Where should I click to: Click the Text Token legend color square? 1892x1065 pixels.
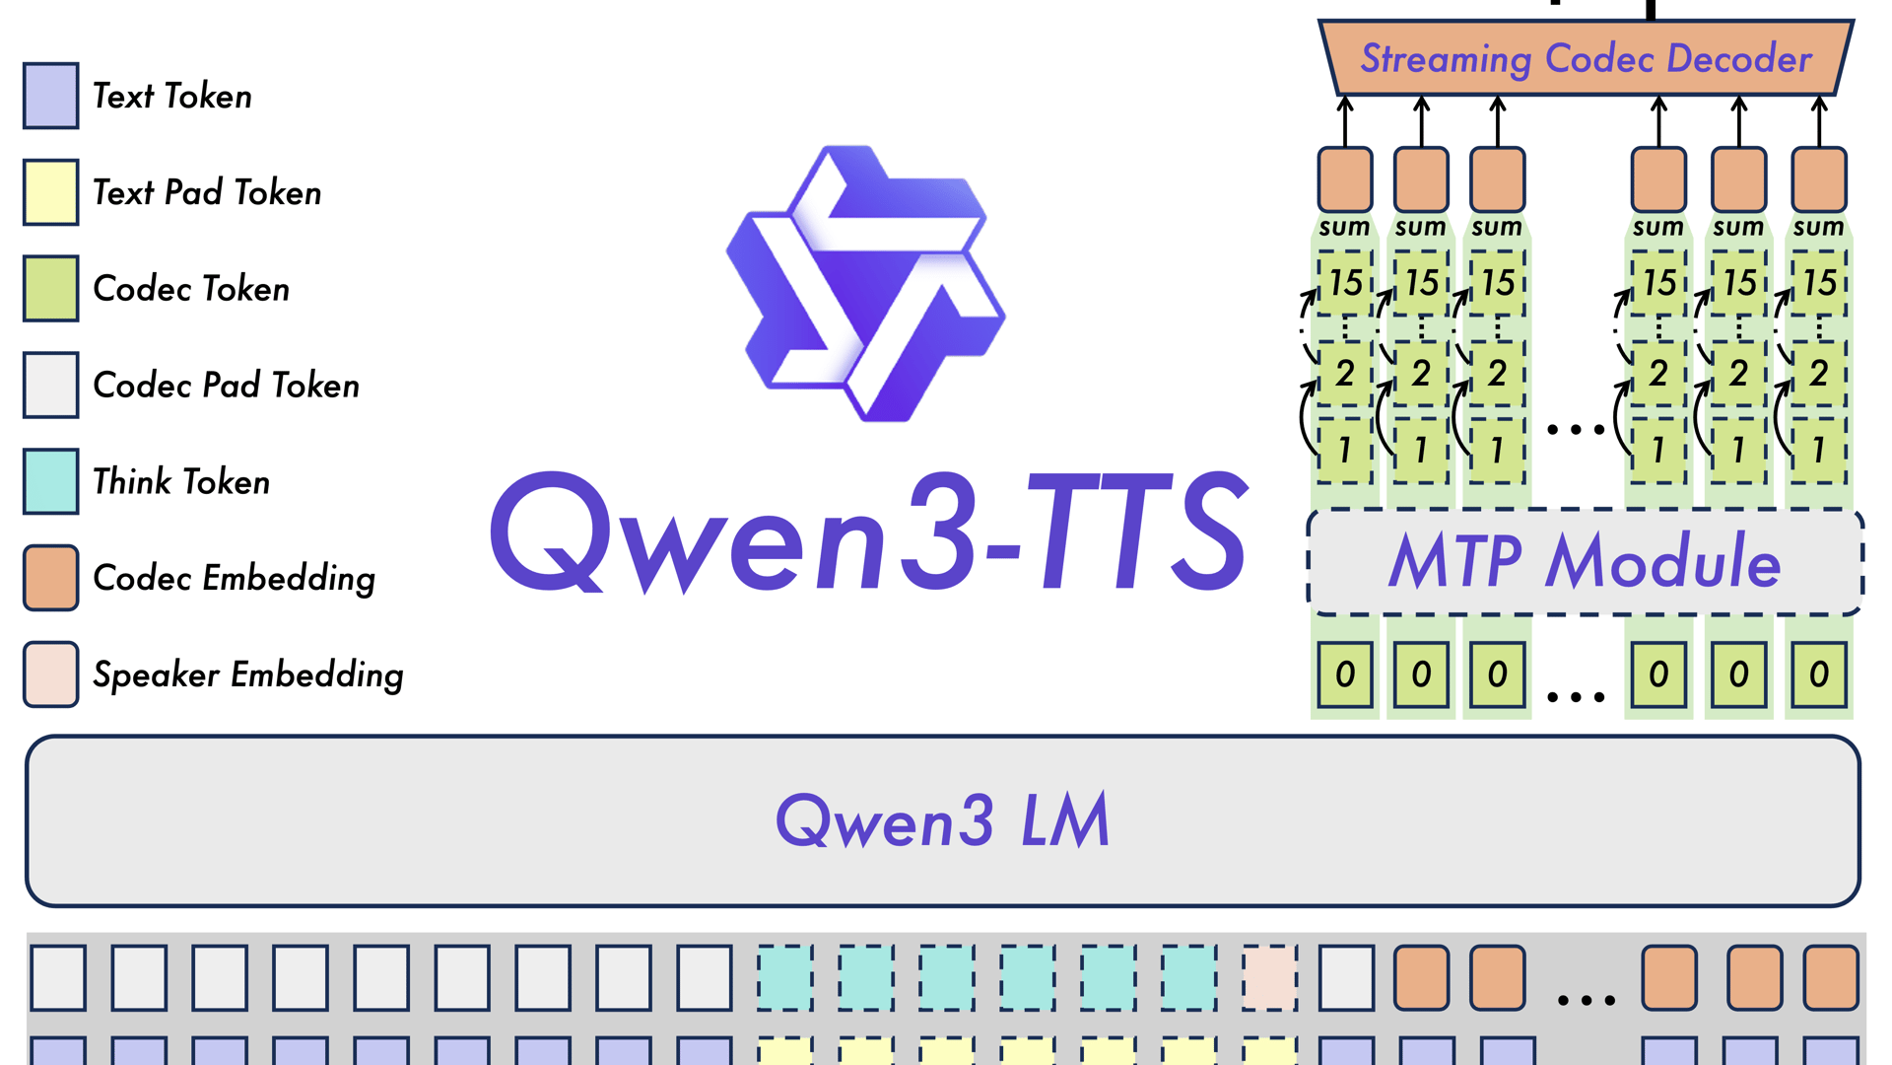pyautogui.click(x=51, y=96)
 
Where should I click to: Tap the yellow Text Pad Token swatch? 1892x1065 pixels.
pyautogui.click(x=51, y=192)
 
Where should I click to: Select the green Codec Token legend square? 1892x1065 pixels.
pyautogui.click(x=51, y=288)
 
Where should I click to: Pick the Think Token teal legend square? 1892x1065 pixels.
pyautogui.click(x=51, y=481)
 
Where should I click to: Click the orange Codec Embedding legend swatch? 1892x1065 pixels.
pyautogui.click(x=51, y=578)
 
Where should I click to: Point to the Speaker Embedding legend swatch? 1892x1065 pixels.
pyautogui.click(x=51, y=674)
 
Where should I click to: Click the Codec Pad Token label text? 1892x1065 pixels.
pyautogui.click(x=226, y=385)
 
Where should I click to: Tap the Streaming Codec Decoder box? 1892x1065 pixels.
pyautogui.click(x=1586, y=58)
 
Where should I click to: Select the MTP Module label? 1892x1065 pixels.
pyautogui.click(x=1584, y=562)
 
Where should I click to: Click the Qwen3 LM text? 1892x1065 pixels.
pyautogui.click(x=943, y=820)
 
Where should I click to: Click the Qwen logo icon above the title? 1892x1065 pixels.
pyautogui.click(x=866, y=284)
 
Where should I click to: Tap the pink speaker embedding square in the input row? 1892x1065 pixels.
pyautogui.click(x=1269, y=977)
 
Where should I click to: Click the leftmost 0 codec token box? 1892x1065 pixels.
pyautogui.click(x=1345, y=674)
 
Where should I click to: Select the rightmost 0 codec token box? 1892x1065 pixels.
pyautogui.click(x=1819, y=674)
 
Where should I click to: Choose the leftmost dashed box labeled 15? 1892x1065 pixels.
pyautogui.click(x=1345, y=283)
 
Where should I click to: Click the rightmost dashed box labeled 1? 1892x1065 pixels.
pyautogui.click(x=1819, y=451)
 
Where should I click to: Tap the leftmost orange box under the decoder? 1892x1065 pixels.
pyautogui.click(x=1345, y=179)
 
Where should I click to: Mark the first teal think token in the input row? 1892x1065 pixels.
pyautogui.click(x=785, y=977)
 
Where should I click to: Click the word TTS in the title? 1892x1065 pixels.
pyautogui.click(x=1138, y=532)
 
